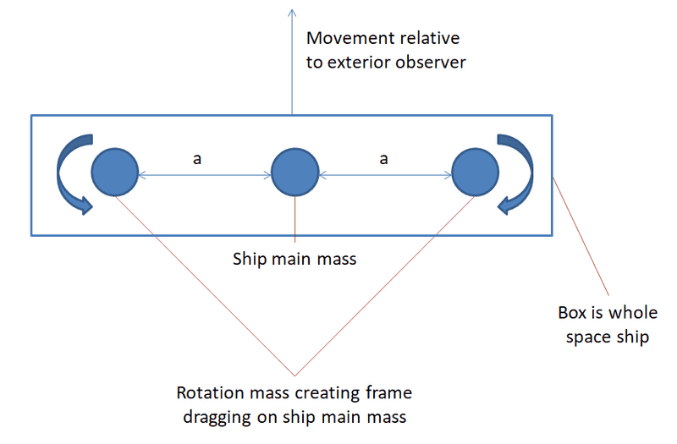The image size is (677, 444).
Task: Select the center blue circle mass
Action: (x=294, y=173)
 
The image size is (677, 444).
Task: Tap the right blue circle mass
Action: (x=475, y=173)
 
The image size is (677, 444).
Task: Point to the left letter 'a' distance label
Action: (x=196, y=157)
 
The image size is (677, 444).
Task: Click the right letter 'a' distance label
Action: (x=385, y=157)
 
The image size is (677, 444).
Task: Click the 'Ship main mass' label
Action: (x=294, y=259)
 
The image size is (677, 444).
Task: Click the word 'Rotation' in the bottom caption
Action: (x=211, y=393)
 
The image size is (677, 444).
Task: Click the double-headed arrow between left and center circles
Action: (x=204, y=175)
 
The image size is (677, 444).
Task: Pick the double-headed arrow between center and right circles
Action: (x=385, y=175)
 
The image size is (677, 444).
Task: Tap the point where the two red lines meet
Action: (x=294, y=375)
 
